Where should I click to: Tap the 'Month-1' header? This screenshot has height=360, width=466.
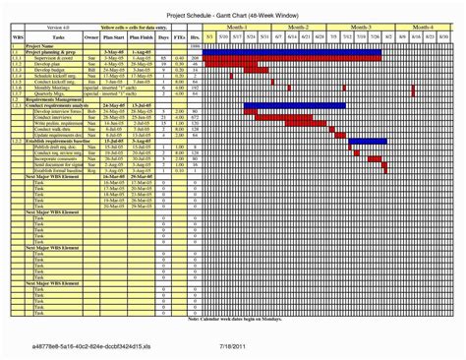pyautogui.click(x=238, y=27)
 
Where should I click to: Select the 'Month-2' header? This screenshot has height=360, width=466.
pyautogui.click(x=300, y=27)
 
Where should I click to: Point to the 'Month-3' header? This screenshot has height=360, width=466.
pyautogui.click(x=361, y=27)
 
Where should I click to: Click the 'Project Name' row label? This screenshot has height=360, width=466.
pyautogui.click(x=39, y=46)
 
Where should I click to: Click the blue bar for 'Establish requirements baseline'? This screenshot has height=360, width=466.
pyautogui.click(x=369, y=142)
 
